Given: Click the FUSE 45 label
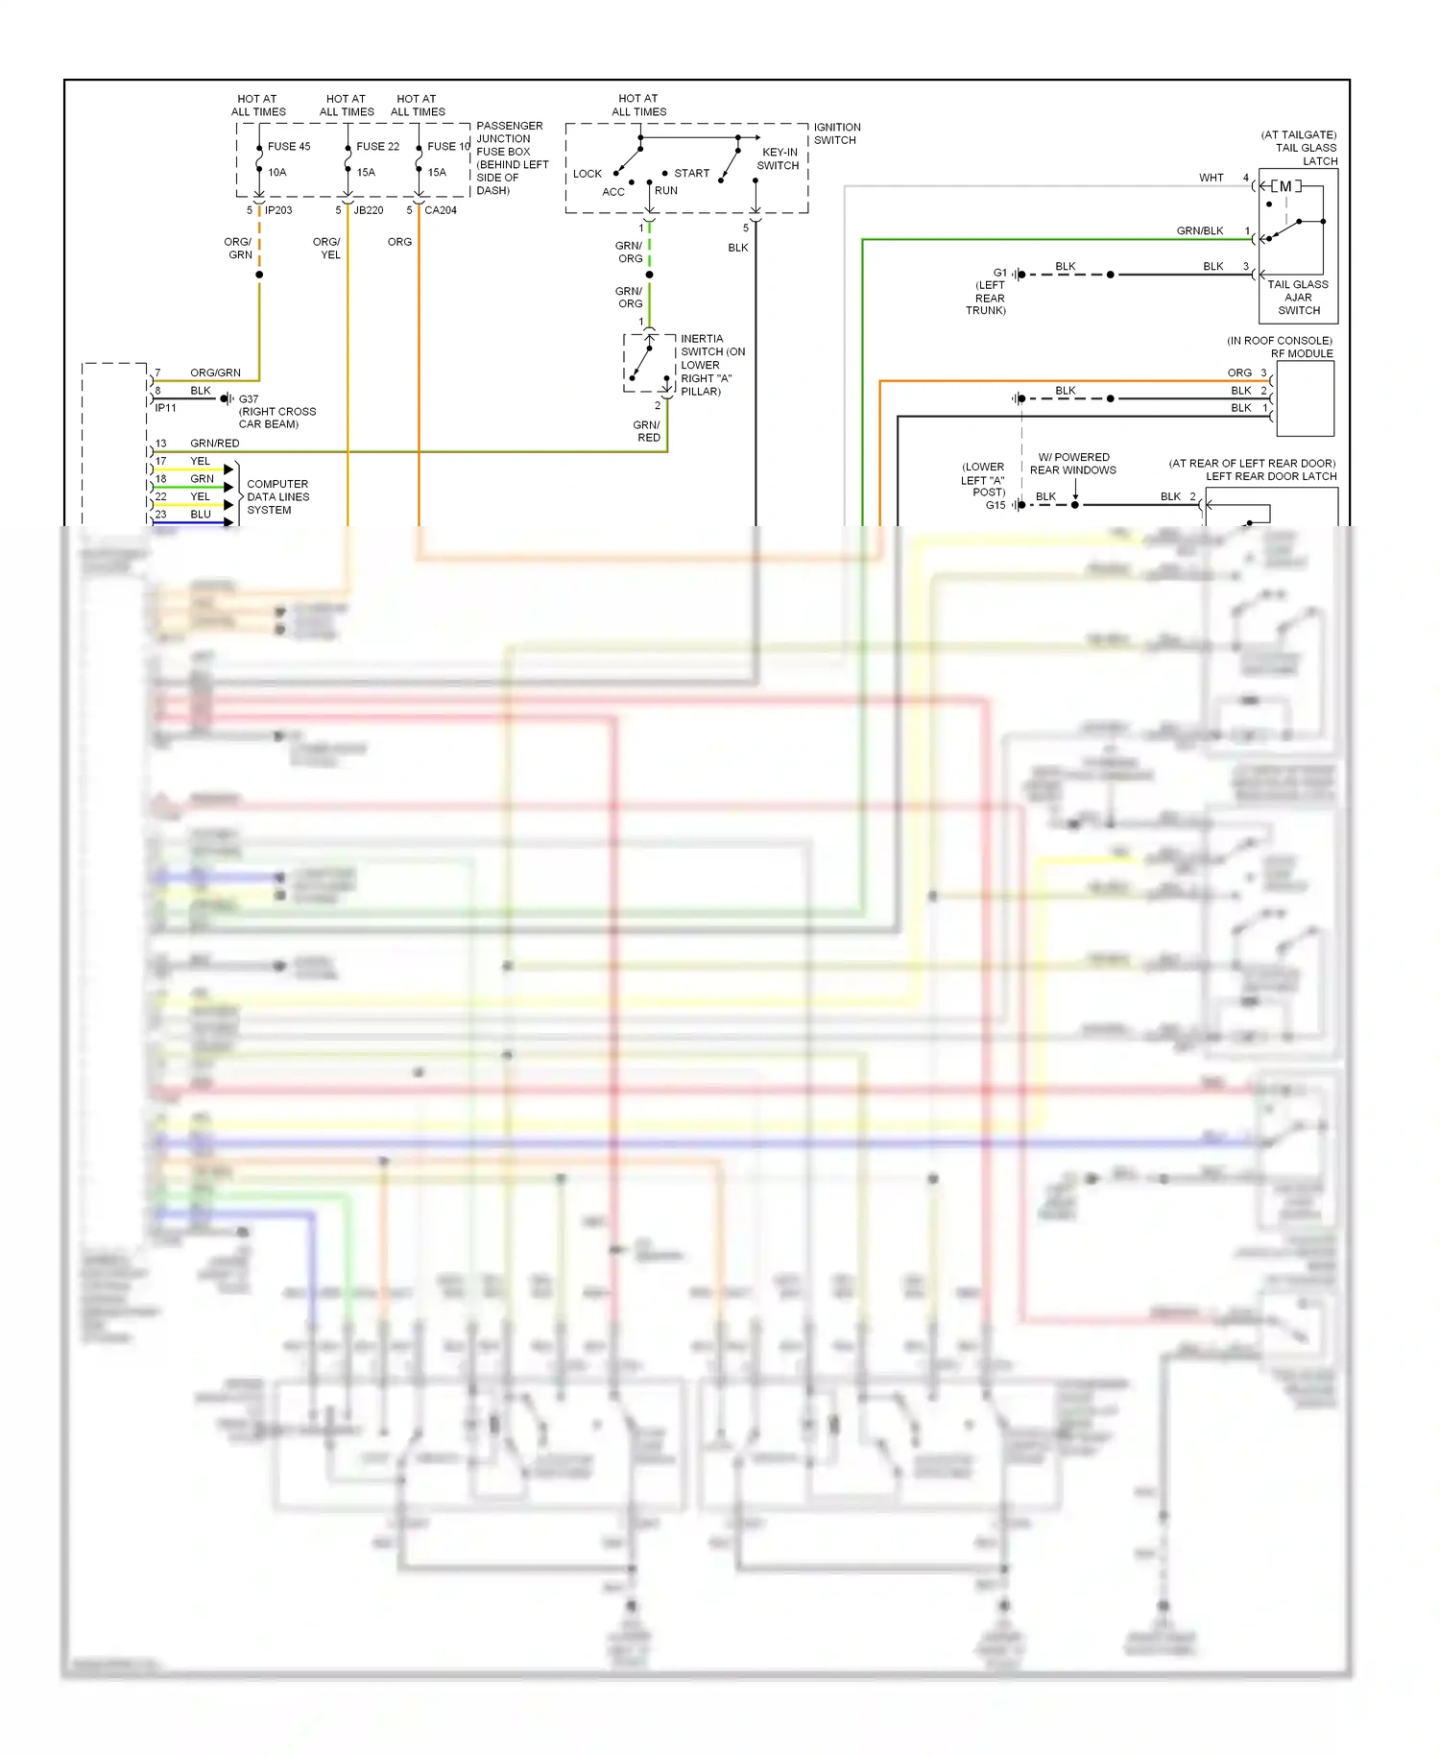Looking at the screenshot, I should click(x=289, y=147).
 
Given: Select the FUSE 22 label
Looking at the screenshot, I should click(x=377, y=147).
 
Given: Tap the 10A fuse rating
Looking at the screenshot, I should click(x=277, y=173).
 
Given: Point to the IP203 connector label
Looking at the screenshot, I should click(x=278, y=210).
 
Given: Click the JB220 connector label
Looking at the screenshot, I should click(x=369, y=210).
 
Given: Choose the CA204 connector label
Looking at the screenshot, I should click(x=441, y=210).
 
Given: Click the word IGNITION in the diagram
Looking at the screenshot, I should click(x=837, y=127).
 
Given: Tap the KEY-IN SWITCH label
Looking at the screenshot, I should click(x=779, y=158).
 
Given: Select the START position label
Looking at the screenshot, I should click(x=691, y=174).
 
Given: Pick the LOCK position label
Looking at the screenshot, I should click(x=588, y=174).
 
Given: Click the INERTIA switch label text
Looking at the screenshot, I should click(x=702, y=339).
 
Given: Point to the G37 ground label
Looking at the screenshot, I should click(x=249, y=398).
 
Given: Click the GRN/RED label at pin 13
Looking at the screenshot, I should click(x=215, y=444).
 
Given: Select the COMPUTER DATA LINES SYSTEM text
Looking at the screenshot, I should click(x=277, y=497).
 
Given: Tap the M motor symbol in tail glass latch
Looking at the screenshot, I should click(x=1285, y=186).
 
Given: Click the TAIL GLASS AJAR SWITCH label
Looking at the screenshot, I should click(x=1298, y=298).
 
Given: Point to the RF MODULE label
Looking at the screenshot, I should click(x=1302, y=353).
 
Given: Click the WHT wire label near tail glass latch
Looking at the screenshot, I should click(x=1211, y=178).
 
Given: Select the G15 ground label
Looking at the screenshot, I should click(x=996, y=505).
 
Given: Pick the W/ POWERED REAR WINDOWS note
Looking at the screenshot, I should click(x=1073, y=464).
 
